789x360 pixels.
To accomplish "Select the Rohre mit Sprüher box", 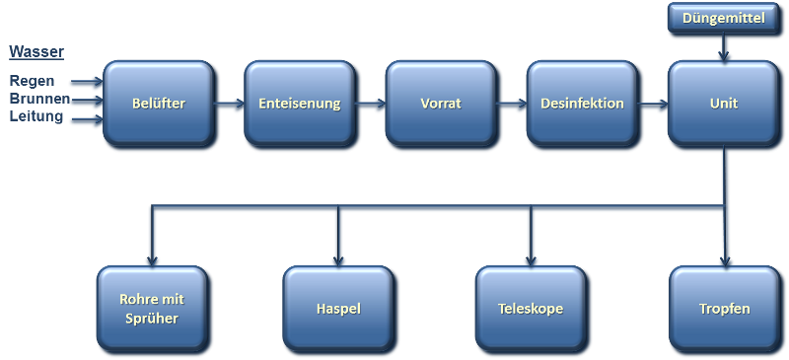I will click(152, 309).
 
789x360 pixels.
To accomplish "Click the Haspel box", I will click(338, 309).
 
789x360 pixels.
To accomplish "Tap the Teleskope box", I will click(531, 309).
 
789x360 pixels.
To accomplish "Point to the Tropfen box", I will click(725, 309).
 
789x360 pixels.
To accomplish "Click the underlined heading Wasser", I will click(36, 51).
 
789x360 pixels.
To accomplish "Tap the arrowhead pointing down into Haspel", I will click(338, 258).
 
